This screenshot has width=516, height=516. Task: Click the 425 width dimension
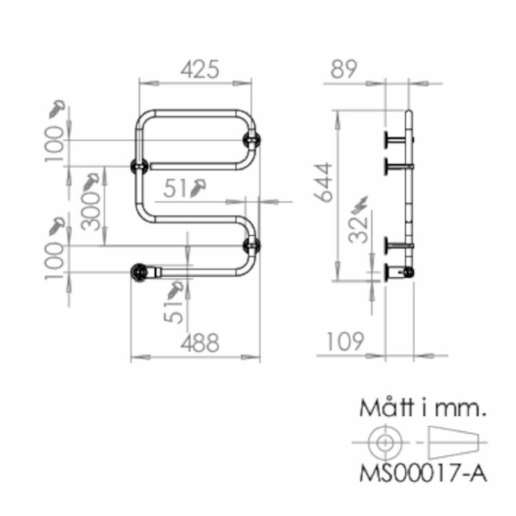pyautogui.click(x=200, y=69)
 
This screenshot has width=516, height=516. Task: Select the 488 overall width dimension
pyautogui.click(x=200, y=342)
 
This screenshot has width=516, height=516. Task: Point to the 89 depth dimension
pyautogui.click(x=346, y=70)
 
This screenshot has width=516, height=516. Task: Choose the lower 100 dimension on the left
pyautogui.click(x=56, y=259)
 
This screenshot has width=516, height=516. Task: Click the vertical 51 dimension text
pyautogui.click(x=175, y=310)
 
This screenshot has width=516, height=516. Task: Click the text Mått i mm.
pyautogui.click(x=423, y=408)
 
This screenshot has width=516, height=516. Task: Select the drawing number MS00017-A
pyautogui.click(x=423, y=474)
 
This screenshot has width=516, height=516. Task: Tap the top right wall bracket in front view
pyautogui.click(x=252, y=140)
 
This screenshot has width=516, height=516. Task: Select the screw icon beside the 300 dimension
pyautogui.click(x=92, y=182)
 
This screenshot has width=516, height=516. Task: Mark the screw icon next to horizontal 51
pyautogui.click(x=200, y=187)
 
